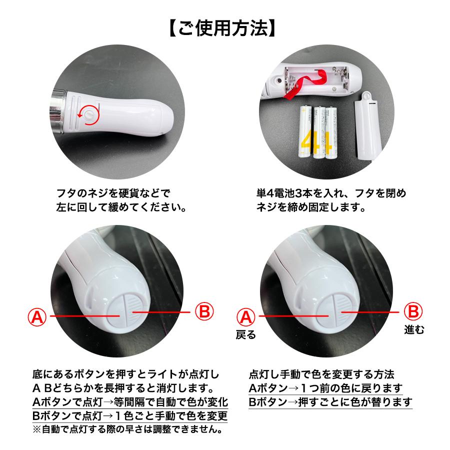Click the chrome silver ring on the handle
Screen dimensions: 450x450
(58, 108)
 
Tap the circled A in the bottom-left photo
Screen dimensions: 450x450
(37, 317)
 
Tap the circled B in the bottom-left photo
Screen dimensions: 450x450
(204, 311)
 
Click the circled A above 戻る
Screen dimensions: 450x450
(246, 317)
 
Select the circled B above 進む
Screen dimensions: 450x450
(413, 311)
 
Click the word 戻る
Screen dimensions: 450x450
(245, 334)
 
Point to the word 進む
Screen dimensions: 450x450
(414, 329)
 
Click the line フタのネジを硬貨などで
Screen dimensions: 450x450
(113, 193)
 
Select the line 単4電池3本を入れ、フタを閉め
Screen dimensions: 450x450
(331, 193)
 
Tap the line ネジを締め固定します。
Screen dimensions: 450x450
(311, 207)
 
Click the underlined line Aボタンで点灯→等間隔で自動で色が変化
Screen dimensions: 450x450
(130, 402)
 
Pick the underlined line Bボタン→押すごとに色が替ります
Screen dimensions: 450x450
(330, 402)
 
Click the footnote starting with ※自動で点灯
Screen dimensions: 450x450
(128, 429)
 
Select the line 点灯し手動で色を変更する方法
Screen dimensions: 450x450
(321, 374)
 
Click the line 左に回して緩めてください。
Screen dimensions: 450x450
(121, 207)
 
